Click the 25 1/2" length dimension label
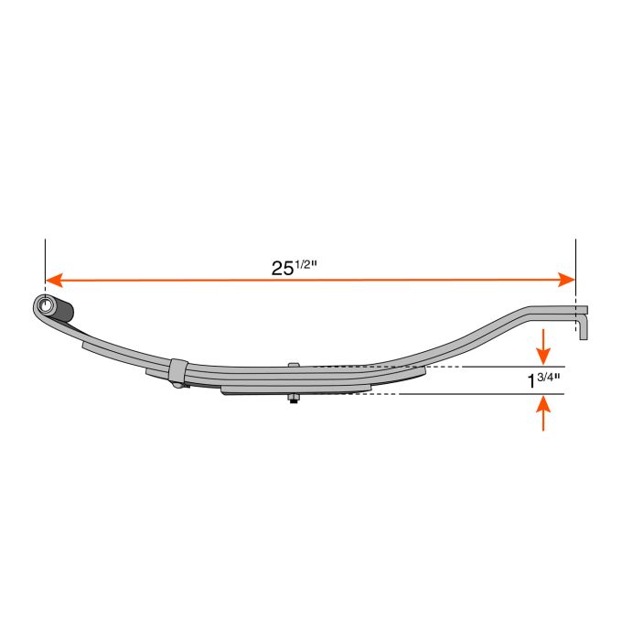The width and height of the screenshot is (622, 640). point(294,267)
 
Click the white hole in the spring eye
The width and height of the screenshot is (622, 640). point(43,304)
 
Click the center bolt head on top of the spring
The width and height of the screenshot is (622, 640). point(293,366)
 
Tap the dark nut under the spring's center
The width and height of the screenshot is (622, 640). point(293,398)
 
